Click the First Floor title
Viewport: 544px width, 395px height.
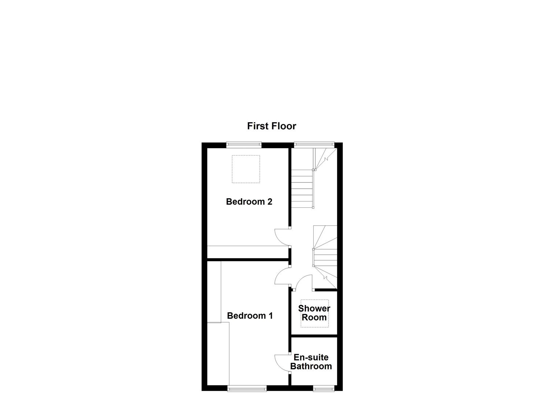271,126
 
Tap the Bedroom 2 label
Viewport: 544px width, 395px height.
249,202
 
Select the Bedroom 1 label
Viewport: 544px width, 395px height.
250,316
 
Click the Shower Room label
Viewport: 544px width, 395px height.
314,313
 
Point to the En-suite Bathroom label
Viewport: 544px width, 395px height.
311,362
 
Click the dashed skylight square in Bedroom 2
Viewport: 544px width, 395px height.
246,169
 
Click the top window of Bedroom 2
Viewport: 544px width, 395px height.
244,145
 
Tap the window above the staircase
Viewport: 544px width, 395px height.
314,145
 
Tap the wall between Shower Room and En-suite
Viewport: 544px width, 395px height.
314,335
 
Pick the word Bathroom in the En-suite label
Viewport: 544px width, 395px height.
311,366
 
